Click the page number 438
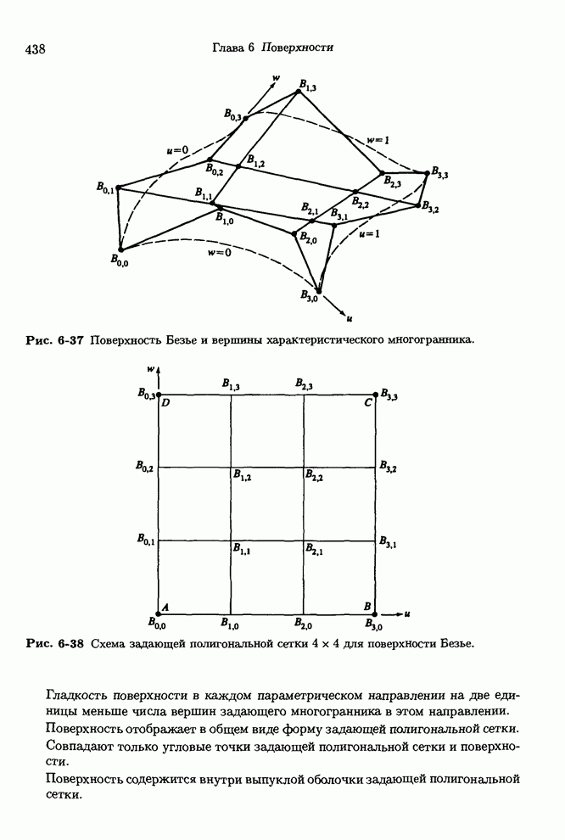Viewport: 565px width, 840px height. click(x=35, y=49)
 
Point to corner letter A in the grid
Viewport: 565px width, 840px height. click(x=165, y=606)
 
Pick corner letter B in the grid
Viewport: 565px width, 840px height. click(x=366, y=606)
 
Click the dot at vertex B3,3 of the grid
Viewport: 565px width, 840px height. click(x=376, y=394)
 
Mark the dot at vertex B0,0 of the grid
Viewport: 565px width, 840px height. click(x=158, y=613)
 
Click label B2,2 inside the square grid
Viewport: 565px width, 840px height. click(x=314, y=477)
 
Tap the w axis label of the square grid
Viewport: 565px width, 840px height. click(x=150, y=368)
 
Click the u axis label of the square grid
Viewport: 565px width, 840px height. click(x=407, y=613)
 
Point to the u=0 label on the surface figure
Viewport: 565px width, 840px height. click(x=177, y=150)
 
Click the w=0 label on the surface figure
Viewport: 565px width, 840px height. click(x=219, y=252)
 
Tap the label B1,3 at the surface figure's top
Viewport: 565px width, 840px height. click(x=306, y=87)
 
